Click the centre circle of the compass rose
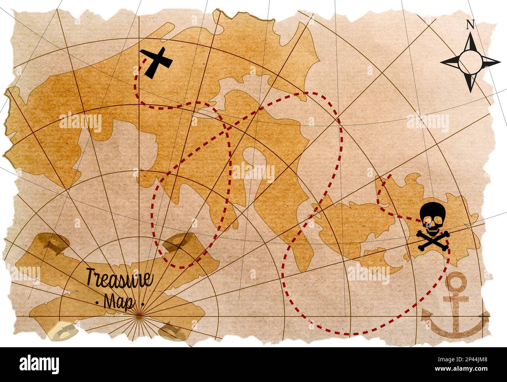[470, 62]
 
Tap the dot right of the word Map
[143, 303]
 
